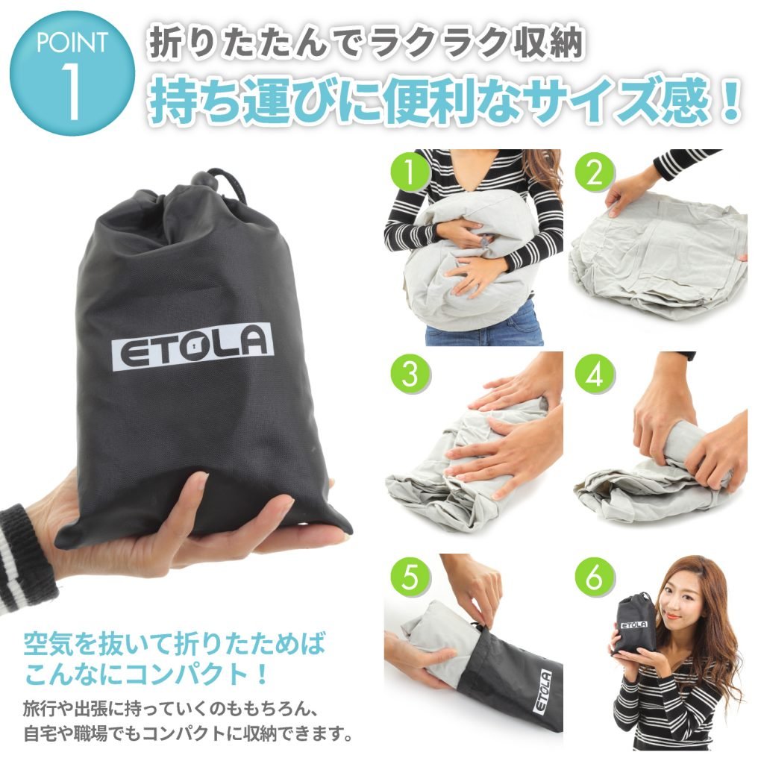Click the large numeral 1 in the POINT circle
72,92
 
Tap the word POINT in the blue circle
72,43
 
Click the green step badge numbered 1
410,171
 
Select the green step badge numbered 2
594,171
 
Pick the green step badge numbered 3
410,375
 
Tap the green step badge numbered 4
594,375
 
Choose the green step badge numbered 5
410,577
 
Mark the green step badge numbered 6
594,577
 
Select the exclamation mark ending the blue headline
730,102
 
